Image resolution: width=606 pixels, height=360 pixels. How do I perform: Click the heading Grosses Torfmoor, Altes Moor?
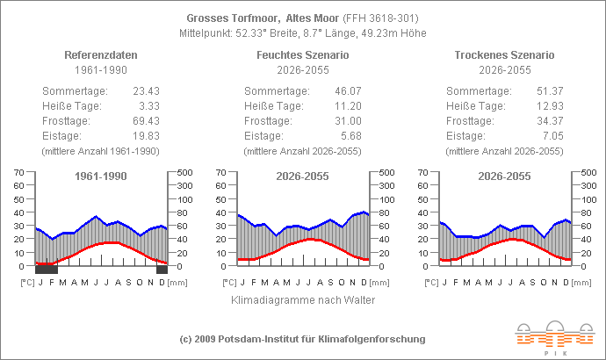[x=255, y=18]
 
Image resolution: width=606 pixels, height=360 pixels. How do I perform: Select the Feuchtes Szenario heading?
[x=302, y=54]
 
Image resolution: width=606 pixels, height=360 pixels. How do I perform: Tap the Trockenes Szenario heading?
[x=505, y=54]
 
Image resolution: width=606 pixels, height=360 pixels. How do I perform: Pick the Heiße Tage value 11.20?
[x=347, y=105]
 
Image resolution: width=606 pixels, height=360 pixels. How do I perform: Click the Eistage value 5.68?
[x=350, y=135]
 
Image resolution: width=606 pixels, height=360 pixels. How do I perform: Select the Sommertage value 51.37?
[x=549, y=90]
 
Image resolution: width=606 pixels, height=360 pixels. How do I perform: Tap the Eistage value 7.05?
[x=552, y=135]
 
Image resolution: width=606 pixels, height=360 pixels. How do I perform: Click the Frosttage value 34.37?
[x=549, y=120]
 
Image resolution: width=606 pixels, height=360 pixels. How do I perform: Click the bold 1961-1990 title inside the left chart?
[x=100, y=176]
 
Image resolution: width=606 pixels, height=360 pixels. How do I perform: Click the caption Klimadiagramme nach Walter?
[x=303, y=299]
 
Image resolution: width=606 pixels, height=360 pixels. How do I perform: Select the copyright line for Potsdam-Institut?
[x=302, y=339]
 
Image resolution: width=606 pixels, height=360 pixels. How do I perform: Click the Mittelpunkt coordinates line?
[x=302, y=32]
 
